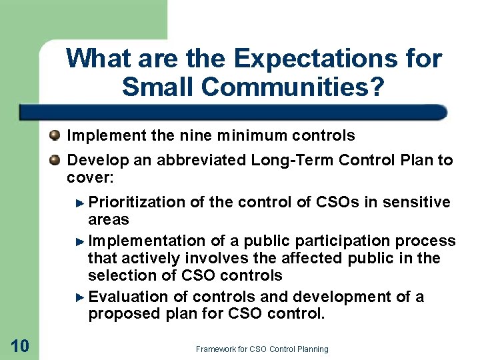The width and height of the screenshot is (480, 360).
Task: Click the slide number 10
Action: (x=19, y=345)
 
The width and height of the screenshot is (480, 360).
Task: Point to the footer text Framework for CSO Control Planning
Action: (x=262, y=349)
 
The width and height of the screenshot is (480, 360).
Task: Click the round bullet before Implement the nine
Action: (x=55, y=136)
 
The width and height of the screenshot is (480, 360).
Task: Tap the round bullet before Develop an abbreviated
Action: (x=55, y=160)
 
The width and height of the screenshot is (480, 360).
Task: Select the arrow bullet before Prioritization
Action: (x=81, y=202)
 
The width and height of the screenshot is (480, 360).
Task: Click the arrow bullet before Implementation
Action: (x=81, y=241)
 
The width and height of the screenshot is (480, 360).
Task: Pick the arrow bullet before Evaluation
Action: (x=81, y=297)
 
